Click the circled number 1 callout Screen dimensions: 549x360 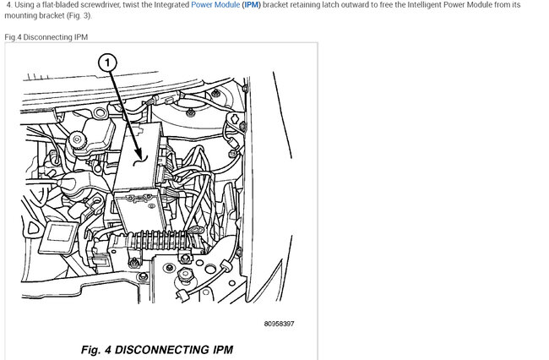(x=107, y=63)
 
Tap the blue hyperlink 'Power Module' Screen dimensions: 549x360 (x=215, y=5)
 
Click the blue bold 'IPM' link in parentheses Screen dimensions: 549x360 (x=252, y=5)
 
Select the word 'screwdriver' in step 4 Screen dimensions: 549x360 (x=101, y=5)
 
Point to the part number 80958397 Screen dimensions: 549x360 (x=279, y=324)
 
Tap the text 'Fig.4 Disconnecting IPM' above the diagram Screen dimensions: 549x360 (x=46, y=37)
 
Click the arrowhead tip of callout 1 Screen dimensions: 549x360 (x=140, y=157)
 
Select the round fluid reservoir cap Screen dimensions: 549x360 (x=77, y=140)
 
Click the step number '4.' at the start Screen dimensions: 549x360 (x=9, y=5)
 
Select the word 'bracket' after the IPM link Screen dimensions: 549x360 (x=274, y=5)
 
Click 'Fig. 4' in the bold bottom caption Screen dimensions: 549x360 (x=96, y=350)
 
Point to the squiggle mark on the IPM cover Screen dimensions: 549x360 (x=139, y=161)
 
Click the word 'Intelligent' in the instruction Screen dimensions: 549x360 (x=424, y=5)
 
